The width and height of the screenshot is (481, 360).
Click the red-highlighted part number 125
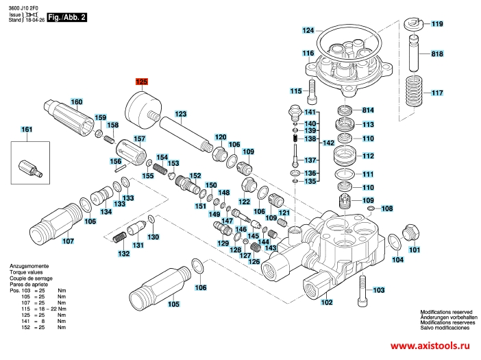[141, 82]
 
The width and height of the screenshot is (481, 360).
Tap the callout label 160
[75, 102]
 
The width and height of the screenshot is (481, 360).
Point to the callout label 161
[27, 130]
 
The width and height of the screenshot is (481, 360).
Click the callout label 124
[308, 31]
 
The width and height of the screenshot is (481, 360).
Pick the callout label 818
[437, 53]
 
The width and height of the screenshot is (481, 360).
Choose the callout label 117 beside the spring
[437, 93]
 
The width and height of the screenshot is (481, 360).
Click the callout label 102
[327, 302]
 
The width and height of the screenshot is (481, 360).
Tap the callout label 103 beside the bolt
[379, 291]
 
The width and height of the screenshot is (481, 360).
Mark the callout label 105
[174, 304]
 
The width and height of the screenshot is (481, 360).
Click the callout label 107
[68, 241]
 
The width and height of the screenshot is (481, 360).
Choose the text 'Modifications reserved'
[445, 311]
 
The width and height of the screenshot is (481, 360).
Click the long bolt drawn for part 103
[360, 293]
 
